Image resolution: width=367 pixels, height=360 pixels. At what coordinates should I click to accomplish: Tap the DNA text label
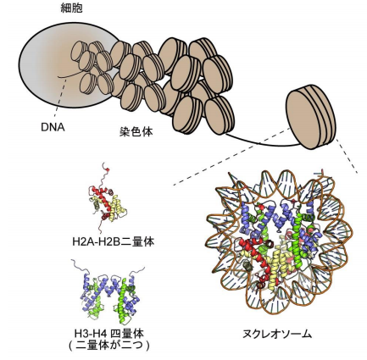tap(53, 128)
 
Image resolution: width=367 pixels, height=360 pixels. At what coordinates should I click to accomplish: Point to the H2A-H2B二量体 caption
tap(114, 241)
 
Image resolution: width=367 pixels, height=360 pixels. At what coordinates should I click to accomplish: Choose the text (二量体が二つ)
tap(108, 345)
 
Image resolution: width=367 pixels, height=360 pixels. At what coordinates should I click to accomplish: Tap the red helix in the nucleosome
tap(254, 254)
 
